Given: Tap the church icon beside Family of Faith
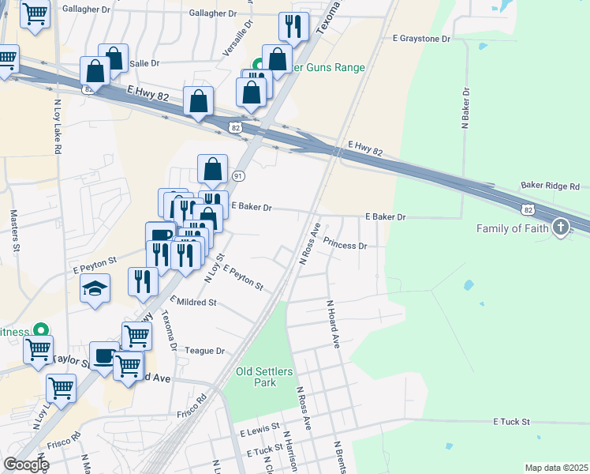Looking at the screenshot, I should click(x=561, y=228).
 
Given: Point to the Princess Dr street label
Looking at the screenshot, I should click(x=345, y=246).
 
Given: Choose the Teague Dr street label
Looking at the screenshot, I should click(x=204, y=351).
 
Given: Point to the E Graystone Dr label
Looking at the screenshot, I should click(x=421, y=38).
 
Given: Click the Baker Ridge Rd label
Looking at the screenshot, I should click(x=550, y=186).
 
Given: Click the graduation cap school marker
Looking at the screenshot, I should click(x=95, y=288).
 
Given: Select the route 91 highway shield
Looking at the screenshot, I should click(x=238, y=175).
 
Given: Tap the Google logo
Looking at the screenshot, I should click(x=26, y=465).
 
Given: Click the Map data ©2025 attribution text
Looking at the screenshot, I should click(x=555, y=468).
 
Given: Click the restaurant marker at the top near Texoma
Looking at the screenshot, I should click(x=293, y=27).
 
